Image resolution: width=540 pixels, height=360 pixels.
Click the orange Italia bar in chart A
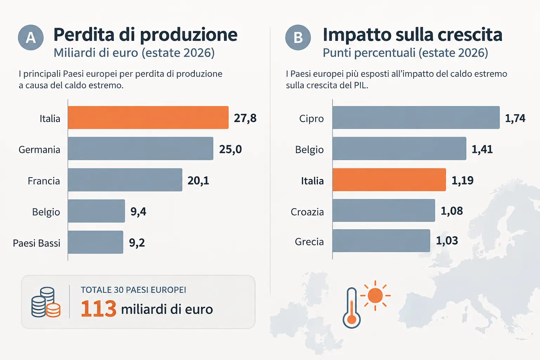[x=148, y=117]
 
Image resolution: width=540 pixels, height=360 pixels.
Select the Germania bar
[x=141, y=148]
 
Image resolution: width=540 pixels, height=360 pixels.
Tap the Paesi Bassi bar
[x=96, y=242]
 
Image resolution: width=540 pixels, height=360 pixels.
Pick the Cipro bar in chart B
[x=416, y=117]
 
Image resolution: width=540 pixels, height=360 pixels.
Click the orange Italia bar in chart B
[x=389, y=180]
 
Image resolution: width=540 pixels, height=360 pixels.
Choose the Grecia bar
[x=381, y=240]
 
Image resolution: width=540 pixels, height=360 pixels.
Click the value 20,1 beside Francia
[x=198, y=181]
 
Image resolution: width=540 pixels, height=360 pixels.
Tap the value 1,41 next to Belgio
[x=482, y=149]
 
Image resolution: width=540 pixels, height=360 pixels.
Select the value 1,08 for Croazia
[x=452, y=211]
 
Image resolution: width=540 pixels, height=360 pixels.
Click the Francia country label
[x=44, y=181]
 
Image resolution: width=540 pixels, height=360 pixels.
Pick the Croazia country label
[x=307, y=212]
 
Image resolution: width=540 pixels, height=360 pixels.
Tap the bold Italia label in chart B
[x=312, y=181]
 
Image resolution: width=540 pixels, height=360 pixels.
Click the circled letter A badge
[x=31, y=37]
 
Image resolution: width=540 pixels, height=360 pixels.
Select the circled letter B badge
[x=298, y=37]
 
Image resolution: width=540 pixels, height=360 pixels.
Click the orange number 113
[x=98, y=309]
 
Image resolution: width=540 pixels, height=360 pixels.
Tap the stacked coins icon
[x=46, y=302]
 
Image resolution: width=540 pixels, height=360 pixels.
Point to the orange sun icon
[x=375, y=295]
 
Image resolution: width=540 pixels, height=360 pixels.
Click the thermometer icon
[x=352, y=308]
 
